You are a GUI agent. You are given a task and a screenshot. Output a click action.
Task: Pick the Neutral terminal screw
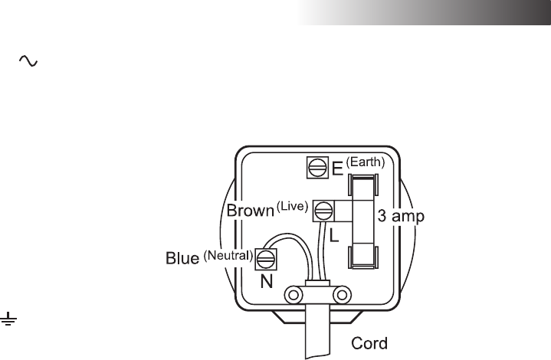[x=266, y=257]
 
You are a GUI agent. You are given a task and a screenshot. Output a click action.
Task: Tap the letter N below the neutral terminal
[x=266, y=281]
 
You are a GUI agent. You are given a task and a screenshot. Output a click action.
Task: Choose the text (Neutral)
[x=228, y=254]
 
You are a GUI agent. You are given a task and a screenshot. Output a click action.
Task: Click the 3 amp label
[x=402, y=217]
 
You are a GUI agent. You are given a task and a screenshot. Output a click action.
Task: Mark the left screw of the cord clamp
[x=292, y=294]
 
